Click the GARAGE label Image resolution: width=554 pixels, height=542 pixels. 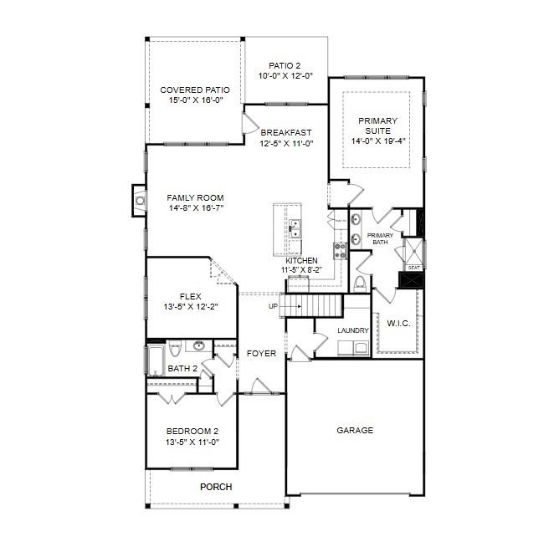[x=355, y=430]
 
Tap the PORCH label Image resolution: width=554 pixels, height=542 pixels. [x=216, y=487]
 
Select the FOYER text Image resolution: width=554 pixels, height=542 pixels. [x=261, y=353]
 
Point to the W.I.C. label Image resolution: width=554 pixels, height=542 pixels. [x=398, y=324]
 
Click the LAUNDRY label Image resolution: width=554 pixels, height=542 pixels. [x=353, y=330]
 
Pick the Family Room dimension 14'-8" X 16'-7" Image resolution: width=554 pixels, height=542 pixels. [x=196, y=208]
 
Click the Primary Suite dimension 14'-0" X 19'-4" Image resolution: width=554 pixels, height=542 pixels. [x=378, y=141]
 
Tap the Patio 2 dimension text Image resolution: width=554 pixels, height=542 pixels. [x=285, y=75]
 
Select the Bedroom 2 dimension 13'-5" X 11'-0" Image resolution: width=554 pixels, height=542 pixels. [x=192, y=442]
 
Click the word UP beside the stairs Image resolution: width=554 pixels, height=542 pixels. [x=273, y=306]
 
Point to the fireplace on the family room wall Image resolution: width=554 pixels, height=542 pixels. [x=139, y=201]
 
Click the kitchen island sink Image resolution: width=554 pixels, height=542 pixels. [x=295, y=229]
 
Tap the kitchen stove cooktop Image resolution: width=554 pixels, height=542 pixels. [x=341, y=251]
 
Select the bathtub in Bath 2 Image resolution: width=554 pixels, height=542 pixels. [x=156, y=360]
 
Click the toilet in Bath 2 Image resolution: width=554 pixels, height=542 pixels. [x=175, y=348]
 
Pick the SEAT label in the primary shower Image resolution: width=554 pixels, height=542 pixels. [x=413, y=268]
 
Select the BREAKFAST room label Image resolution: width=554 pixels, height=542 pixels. [x=286, y=132]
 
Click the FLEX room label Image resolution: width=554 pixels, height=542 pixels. [x=191, y=296]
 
